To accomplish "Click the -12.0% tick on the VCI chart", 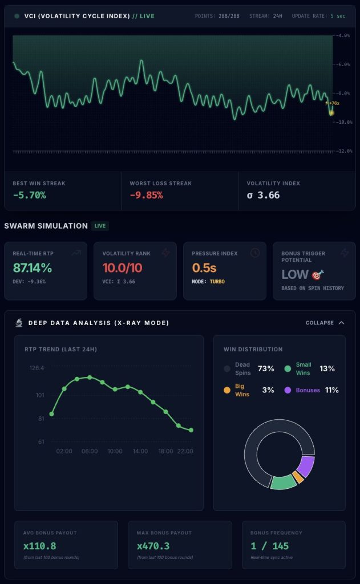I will tap(343, 151).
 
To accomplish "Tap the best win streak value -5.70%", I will tap(29, 195).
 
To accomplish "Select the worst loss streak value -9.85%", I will tap(146, 195).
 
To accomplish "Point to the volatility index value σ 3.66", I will tap(264, 195).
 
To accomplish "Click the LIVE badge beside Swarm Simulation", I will tap(100, 226).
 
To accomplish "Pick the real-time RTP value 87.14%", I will tap(33, 268).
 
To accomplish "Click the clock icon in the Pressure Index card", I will tap(255, 253).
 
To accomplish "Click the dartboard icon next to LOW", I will tap(318, 275).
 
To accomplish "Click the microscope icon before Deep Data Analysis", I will tap(19, 323).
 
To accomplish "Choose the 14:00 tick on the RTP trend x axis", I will tap(140, 451).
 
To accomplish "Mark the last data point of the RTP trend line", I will tap(191, 430).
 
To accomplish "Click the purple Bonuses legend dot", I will tap(288, 390).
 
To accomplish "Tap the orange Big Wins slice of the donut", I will tap(297, 477).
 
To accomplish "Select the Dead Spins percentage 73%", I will tap(266, 368).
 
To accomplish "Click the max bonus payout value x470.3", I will tap(153, 546).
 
